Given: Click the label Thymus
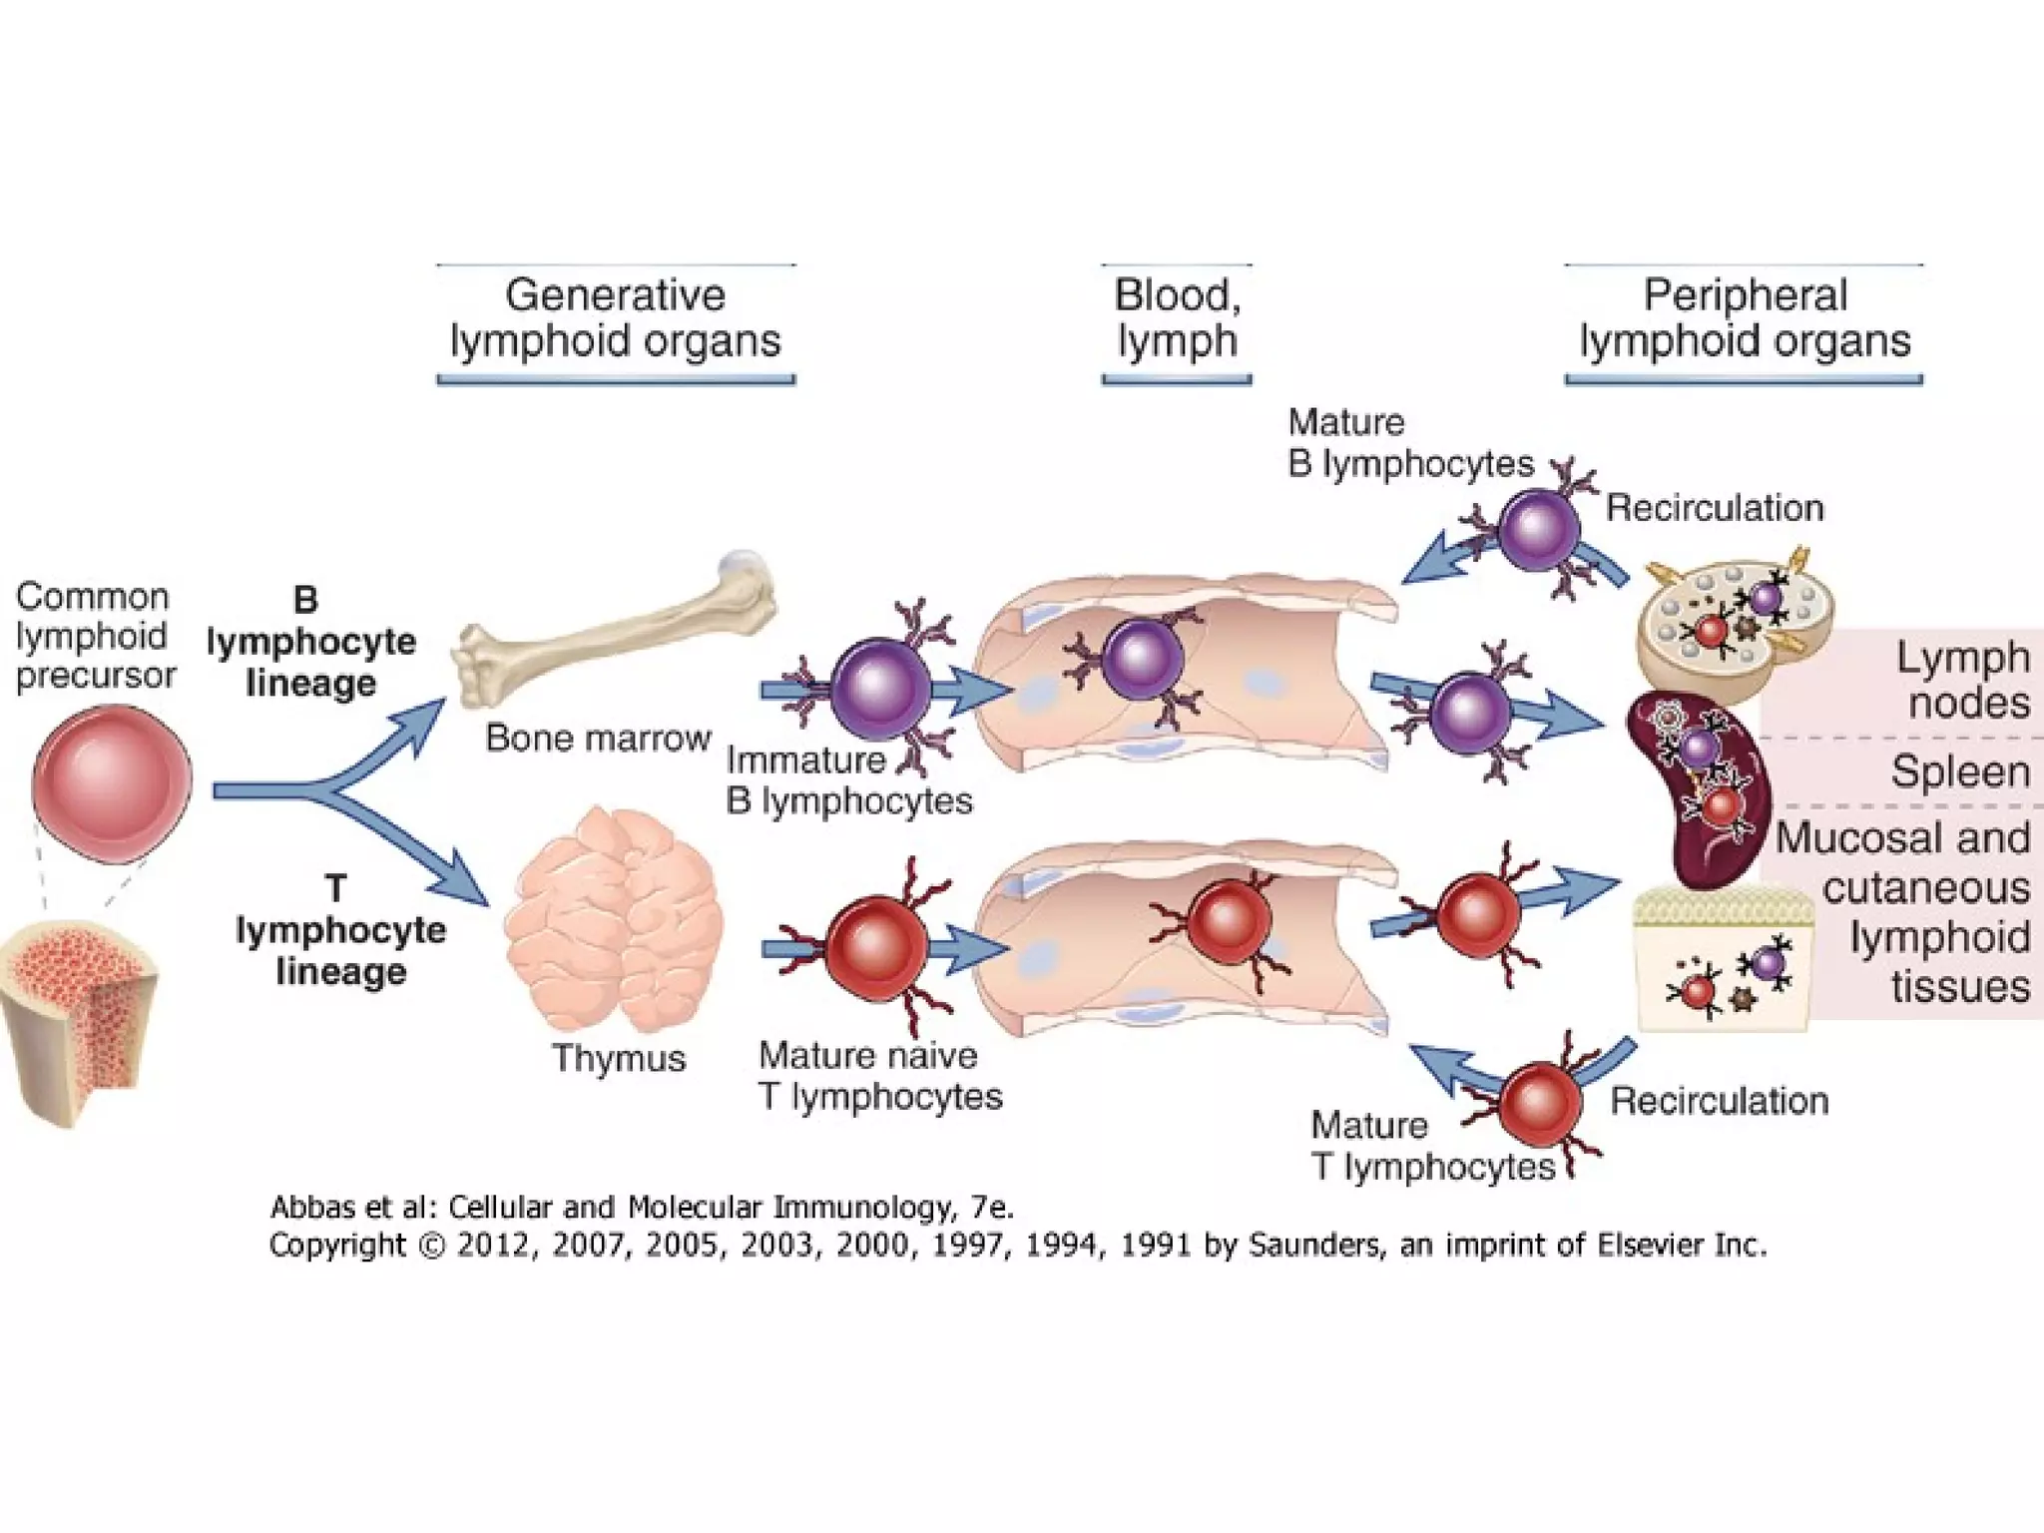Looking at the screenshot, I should pos(619,1058).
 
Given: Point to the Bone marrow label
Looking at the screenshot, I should pos(597,739).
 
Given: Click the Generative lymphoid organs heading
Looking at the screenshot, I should pos(615,318).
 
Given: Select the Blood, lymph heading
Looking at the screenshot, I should pos(1177,318).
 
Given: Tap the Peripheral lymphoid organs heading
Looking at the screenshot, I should pos(1744,318).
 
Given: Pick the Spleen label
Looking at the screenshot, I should pos(1959,772).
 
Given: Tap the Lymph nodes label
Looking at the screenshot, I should pos(1962,680).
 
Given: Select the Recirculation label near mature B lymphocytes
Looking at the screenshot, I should pos(1714,508).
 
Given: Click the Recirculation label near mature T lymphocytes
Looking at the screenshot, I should pos(1719,1101).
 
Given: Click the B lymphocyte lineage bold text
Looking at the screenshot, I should pos(310,642).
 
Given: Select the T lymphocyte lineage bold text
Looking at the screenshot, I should pos(339,930).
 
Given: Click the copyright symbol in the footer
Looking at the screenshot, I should pos(430,1247).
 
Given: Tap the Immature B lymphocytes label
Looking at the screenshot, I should pos(848,780).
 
